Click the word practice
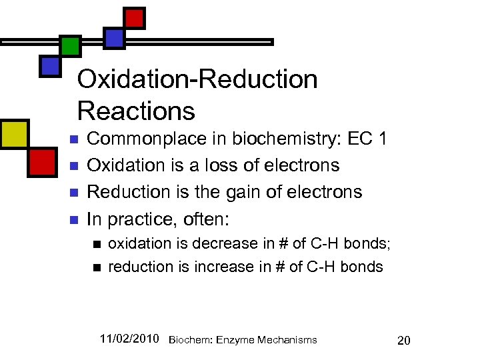coord(142,219)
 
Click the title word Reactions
coord(136,110)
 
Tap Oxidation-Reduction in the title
coord(197,79)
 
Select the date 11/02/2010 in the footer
coord(129,339)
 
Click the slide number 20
coord(403,341)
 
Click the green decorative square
coord(71,46)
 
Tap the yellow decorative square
coord(13,134)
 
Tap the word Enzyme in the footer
coord(237,340)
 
